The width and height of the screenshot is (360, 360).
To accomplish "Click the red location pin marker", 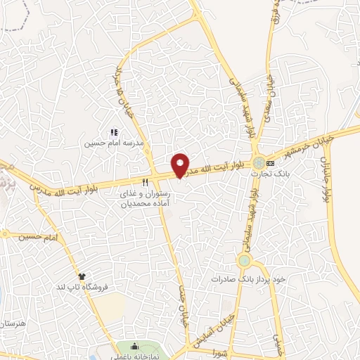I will point(181,165).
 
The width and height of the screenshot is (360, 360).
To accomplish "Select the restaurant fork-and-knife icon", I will point(145,181).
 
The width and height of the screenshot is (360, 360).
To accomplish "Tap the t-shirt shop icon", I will point(82,276).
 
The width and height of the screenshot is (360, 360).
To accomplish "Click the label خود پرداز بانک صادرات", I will point(248,279).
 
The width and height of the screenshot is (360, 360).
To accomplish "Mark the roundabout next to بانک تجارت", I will point(259,163).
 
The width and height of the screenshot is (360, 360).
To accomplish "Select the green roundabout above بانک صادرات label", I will point(244,261).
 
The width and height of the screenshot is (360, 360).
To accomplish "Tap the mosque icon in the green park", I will point(134,348).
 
